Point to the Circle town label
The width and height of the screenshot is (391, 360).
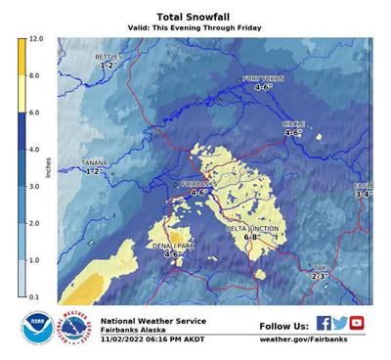293,124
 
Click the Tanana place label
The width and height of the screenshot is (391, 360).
94,163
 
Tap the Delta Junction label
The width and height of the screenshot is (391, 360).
252,228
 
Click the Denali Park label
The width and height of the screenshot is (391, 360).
173,246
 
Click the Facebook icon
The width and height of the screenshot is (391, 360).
324,324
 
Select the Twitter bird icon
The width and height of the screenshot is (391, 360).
340,324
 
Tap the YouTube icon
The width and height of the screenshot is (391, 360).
357,324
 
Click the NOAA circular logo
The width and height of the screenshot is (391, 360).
37,329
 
